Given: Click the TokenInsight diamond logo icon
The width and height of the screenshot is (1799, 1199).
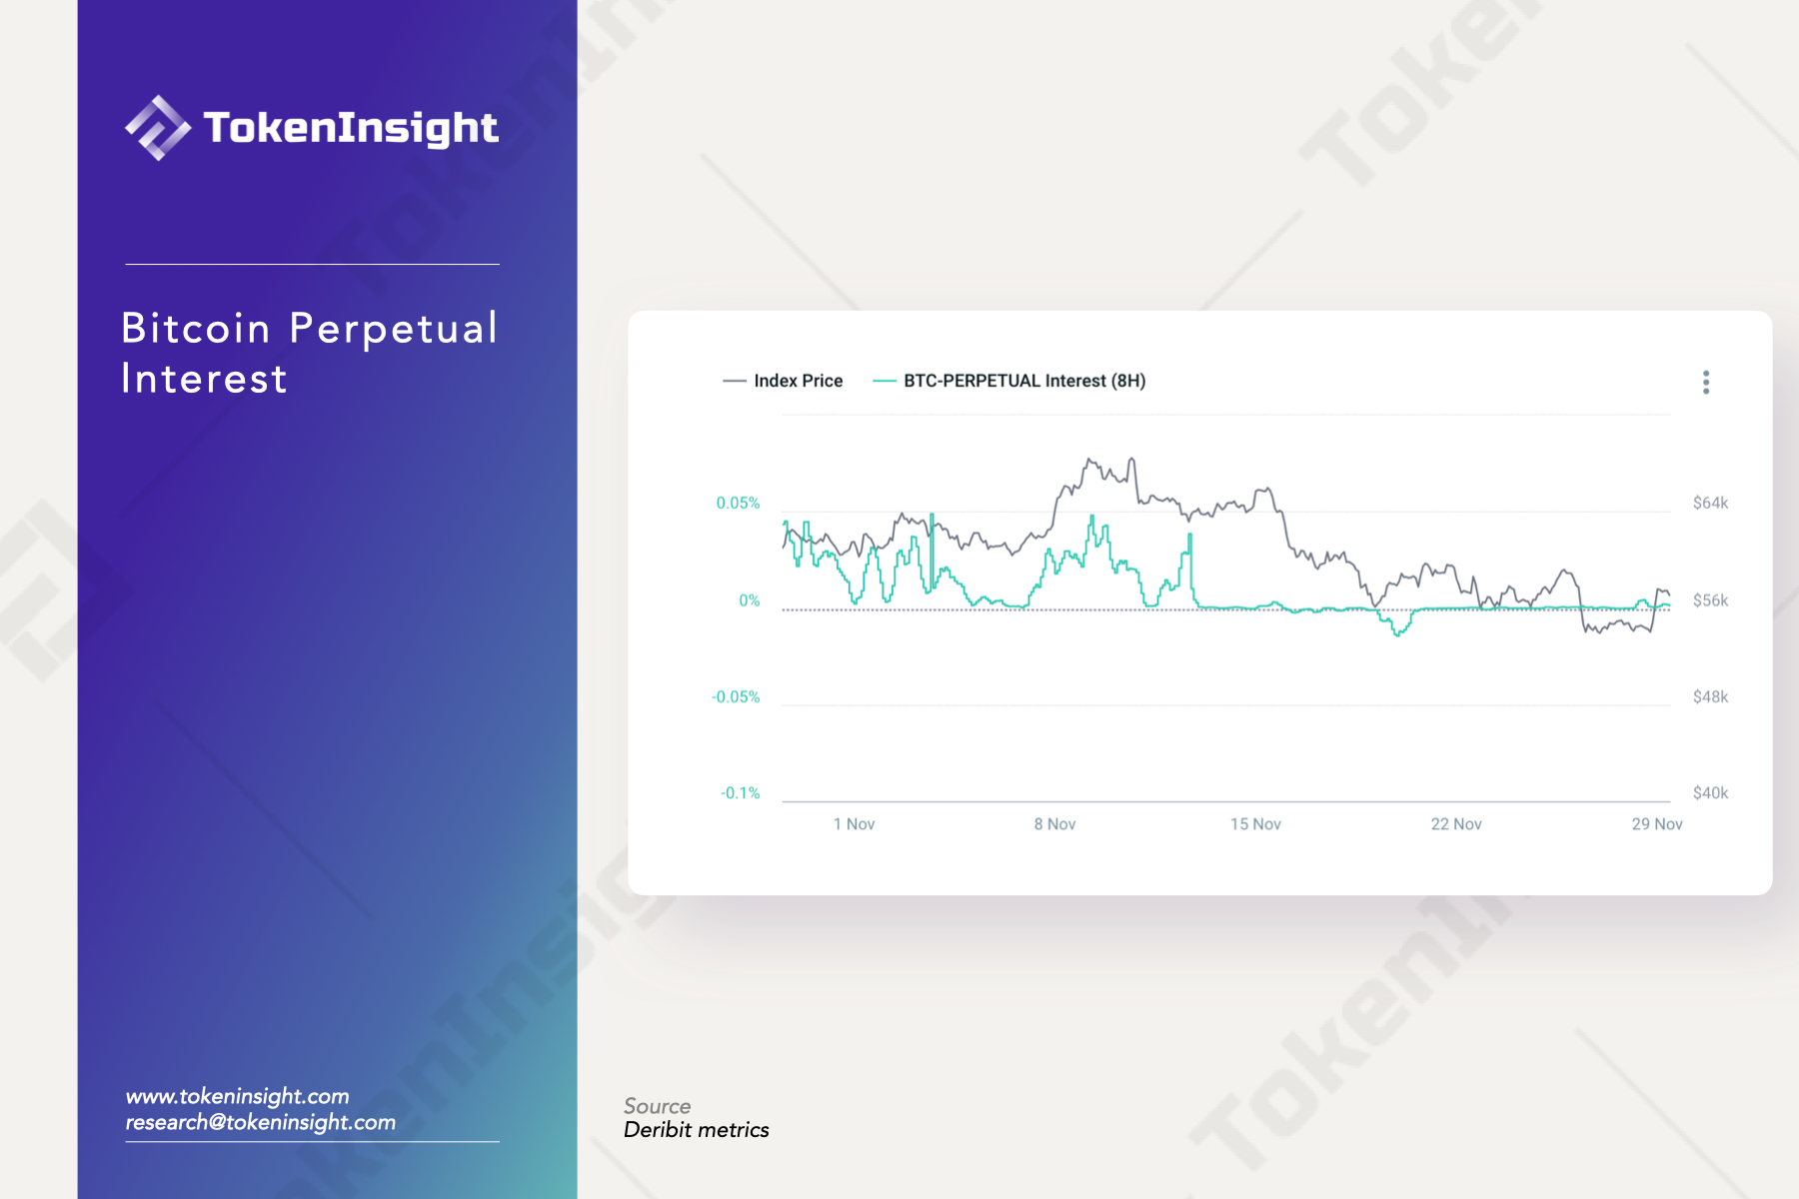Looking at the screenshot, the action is coord(158,128).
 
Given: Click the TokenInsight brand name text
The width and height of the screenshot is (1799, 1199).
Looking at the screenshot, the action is coord(351,128).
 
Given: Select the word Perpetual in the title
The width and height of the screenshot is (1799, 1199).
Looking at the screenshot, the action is coord(394,330).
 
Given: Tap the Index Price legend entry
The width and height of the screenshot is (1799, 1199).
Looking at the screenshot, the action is coord(783,381).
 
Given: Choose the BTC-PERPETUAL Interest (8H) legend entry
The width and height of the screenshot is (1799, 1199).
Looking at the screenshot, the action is coord(1009,381).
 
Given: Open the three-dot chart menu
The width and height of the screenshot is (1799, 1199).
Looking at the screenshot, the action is coord(1706,382).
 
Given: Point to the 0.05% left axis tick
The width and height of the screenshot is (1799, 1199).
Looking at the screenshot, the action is coord(738,503).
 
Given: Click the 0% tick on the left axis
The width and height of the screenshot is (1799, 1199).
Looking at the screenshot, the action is coord(750,600).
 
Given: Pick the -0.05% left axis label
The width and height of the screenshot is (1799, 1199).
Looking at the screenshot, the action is coord(736,696).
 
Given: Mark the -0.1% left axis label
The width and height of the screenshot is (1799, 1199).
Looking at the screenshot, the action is coord(741,793).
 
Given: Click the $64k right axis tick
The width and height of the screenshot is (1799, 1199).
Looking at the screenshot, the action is coord(1710,503).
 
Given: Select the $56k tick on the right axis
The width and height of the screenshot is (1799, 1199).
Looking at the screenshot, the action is coord(1710,600).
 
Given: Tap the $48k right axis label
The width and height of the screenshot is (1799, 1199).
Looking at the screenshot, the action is coord(1710,696).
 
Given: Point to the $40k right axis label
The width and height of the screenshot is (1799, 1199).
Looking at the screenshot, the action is coord(1710,793).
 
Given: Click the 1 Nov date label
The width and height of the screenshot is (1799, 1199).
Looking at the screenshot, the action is coord(854,824).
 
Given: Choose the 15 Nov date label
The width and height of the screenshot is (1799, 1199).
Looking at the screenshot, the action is coord(1255,824).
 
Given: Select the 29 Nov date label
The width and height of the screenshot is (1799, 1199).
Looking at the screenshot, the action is coord(1657,824).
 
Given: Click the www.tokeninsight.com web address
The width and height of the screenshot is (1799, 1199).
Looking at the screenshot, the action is coord(238,1096).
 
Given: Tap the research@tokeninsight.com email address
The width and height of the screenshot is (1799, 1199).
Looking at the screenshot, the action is coord(261,1122).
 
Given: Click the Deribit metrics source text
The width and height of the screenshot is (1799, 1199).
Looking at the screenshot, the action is coord(697,1130).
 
